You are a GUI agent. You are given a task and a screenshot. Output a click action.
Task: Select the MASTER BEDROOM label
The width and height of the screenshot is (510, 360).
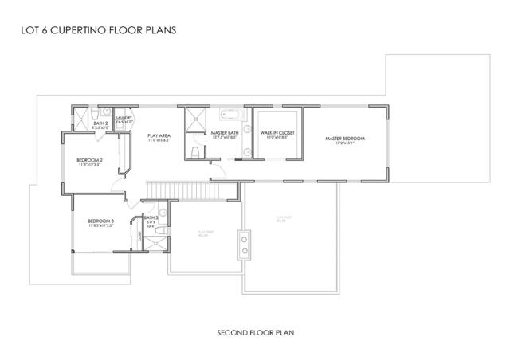[344, 139]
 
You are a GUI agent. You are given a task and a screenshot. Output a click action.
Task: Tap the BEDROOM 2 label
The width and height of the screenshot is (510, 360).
[89, 160]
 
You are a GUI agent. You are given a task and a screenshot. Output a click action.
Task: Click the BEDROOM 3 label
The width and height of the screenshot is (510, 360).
[100, 221]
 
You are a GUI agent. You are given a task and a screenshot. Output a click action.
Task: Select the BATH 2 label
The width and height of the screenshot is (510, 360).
[100, 123]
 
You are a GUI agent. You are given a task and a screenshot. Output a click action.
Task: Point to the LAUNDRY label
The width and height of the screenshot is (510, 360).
[124, 118]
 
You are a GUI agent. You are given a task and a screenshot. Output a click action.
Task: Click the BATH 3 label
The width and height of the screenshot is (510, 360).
[151, 217]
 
